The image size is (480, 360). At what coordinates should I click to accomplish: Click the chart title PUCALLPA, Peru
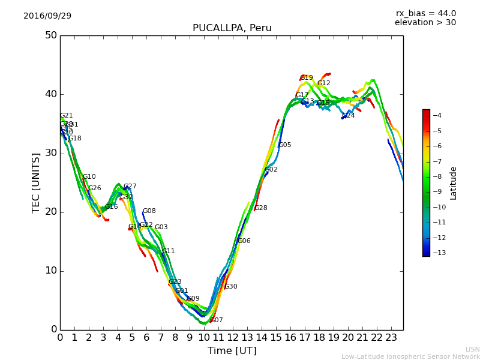[x=232, y=28]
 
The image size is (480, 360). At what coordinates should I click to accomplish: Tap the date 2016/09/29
[x=47, y=16]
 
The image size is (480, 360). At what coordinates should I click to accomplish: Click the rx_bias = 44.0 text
[x=425, y=14]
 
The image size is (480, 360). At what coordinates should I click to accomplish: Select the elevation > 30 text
[x=425, y=23]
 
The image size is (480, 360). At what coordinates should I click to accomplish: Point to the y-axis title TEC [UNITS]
[x=36, y=182]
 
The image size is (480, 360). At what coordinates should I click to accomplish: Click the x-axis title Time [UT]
[x=232, y=351]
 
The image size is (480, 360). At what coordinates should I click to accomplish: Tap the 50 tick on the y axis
[x=50, y=35]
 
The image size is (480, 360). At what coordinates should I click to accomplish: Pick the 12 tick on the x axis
[x=233, y=338]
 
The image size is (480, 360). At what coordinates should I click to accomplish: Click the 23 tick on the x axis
[x=391, y=338]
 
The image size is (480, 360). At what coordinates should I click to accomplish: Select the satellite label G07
[x=217, y=320]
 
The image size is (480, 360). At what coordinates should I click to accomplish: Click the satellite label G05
[x=285, y=145]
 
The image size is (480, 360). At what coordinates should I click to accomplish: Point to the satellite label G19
[x=307, y=78]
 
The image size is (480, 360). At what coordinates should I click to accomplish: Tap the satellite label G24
[x=349, y=116]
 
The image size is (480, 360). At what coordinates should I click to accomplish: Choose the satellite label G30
[x=231, y=287]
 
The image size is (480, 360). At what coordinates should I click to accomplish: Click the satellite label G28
[x=261, y=208]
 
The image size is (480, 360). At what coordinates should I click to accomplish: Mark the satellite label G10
[x=89, y=177]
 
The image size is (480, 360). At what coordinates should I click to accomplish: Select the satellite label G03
[x=161, y=227]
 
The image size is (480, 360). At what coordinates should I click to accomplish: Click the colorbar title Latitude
[x=454, y=183]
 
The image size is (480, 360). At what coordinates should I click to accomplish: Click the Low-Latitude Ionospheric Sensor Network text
[x=410, y=356]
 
